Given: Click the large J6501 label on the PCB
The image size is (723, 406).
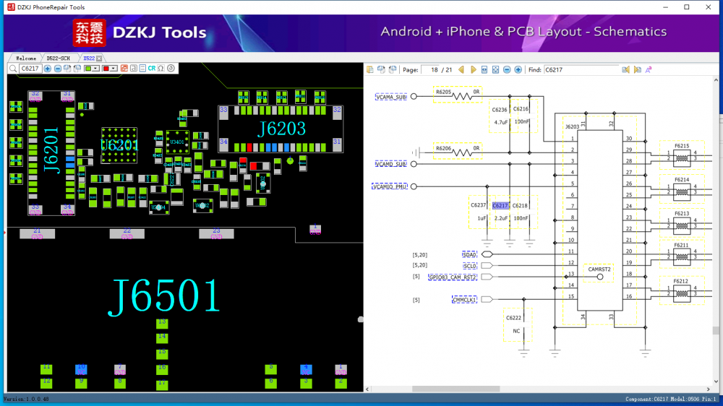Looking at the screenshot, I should pos(164,296).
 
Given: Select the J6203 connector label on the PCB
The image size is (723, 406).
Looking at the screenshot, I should pos(281,129).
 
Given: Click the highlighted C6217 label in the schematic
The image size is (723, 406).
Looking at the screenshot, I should pos(500,206).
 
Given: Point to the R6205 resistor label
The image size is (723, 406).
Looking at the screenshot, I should pos(444,92).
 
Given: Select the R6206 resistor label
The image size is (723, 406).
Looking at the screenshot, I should pos(444,147).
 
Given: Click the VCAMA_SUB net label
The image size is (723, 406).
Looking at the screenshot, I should pos(390,96).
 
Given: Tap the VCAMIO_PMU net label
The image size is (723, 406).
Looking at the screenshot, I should pos(390,186).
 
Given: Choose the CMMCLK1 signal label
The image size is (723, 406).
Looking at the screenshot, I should pos(464,299).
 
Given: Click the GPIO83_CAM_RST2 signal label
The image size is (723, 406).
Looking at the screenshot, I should pos(453,277).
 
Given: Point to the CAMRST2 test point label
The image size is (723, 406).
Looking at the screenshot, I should pos(599,269).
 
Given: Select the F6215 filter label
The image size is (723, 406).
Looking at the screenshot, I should pos(681,146).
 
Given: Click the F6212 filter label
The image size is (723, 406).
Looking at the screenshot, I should pos(681,281).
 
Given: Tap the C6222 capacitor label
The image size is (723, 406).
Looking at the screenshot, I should pos(514,318).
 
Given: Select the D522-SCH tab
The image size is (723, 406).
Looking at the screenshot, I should pos(59,58).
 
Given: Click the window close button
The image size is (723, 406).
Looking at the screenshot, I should pos(709,7).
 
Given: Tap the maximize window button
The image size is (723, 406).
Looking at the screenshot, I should pos(686,7).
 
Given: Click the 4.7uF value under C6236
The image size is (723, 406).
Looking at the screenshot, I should pos(500,122).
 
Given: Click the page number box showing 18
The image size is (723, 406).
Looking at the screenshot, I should pos(435,70).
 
